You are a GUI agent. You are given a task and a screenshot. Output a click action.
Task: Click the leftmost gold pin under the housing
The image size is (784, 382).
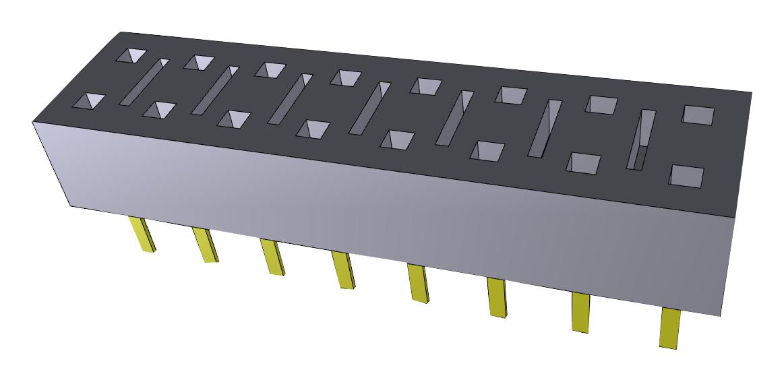coord(143,234)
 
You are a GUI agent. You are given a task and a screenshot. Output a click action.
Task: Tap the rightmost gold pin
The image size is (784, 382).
coord(669,327)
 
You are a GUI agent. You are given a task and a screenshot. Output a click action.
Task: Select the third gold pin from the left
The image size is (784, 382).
coord(272,257)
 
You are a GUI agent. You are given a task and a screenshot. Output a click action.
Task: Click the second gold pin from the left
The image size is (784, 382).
coord(205,245)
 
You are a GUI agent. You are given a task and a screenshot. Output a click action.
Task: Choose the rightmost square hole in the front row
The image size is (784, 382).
coord(686,177)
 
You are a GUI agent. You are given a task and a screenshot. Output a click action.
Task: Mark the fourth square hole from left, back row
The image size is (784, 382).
coord(345,77)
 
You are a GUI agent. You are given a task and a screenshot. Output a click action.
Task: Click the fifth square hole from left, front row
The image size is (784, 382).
coord(397,139)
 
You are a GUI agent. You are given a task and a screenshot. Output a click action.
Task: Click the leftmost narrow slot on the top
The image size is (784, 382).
coord(144,82)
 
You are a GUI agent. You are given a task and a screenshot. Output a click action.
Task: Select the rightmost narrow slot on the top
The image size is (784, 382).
coord(641,139)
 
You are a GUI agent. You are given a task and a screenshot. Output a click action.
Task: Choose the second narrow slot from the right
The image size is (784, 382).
coord(545,128)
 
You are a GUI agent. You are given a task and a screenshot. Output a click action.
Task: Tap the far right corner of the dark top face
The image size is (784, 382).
coord(752,92)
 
